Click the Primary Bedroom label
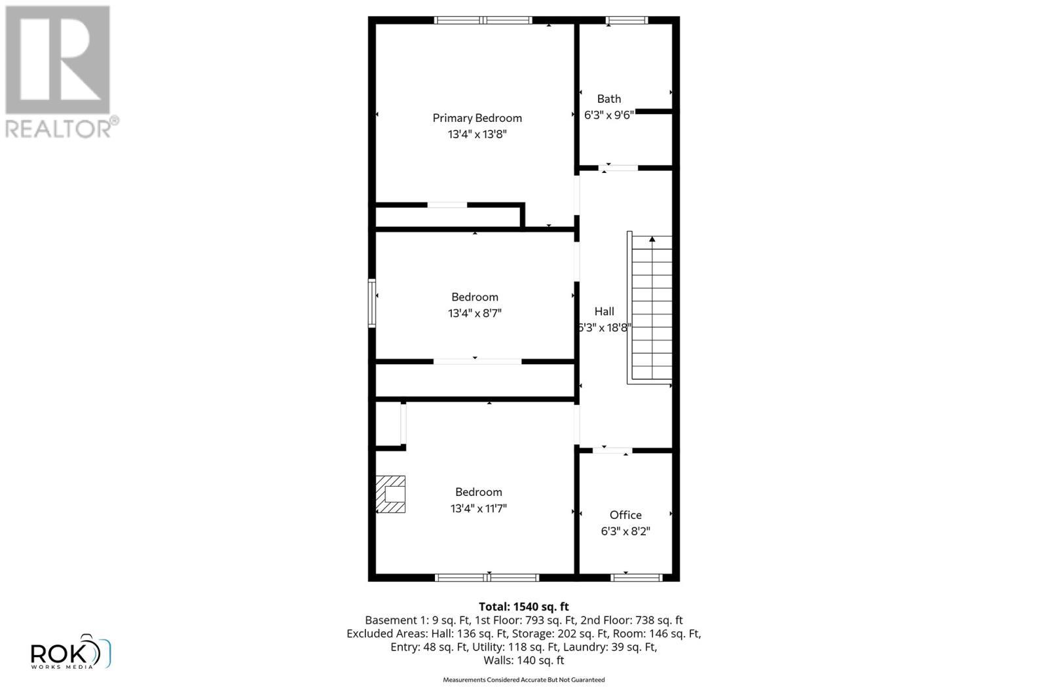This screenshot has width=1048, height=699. click(477, 118)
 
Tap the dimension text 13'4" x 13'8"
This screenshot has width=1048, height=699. click(477, 134)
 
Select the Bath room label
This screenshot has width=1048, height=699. click(608, 99)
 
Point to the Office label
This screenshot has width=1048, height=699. click(626, 515)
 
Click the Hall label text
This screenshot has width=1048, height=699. click(604, 311)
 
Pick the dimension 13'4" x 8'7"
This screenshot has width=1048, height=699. click(474, 313)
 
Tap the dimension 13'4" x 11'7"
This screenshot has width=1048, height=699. click(478, 508)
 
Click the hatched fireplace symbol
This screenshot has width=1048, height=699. click(391, 494)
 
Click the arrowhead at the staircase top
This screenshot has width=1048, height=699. click(652, 240)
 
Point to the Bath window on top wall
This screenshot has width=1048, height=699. click(626, 20)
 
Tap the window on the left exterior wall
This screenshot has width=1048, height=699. click(372, 303)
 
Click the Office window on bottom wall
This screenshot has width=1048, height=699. click(636, 577)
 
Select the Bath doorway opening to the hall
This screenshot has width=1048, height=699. click(618, 168)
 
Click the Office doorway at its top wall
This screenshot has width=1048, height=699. click(612, 450)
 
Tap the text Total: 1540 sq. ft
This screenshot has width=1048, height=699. click(523, 607)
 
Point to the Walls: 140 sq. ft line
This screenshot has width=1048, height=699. click(523, 660)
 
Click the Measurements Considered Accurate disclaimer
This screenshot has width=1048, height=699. click(523, 680)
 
